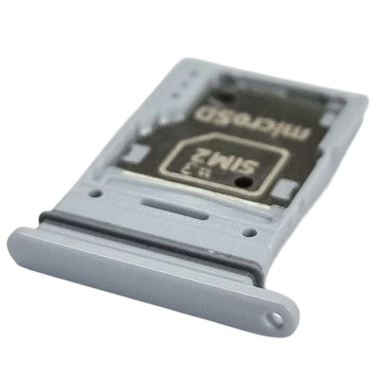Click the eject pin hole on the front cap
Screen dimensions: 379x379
coord(278,318)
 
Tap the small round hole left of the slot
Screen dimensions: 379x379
coord(96,193)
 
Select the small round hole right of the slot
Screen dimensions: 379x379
coord(250,232)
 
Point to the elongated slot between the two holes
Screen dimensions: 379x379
coord(174,208)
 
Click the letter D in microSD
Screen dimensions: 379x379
coord(202,115)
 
